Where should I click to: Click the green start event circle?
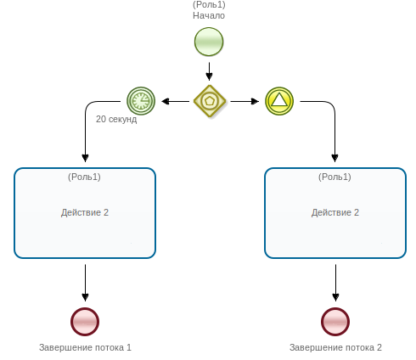[x=209, y=42]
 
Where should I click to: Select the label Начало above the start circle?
[x=209, y=16]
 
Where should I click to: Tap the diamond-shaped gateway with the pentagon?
[x=209, y=101]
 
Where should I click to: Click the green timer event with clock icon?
[x=141, y=101]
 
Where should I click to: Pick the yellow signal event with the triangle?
[x=278, y=101]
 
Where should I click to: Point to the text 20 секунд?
[x=116, y=120]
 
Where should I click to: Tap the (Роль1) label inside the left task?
[x=84, y=177]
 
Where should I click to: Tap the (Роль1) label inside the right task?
[x=334, y=177]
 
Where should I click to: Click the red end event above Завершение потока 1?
[x=85, y=322]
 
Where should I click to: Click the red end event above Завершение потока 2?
[x=335, y=322]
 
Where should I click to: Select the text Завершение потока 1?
[x=85, y=347]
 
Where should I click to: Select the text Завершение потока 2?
[x=335, y=347]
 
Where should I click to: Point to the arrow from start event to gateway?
[x=209, y=69]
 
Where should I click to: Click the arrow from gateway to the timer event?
[x=175, y=101]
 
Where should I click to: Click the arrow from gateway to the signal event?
[x=245, y=101]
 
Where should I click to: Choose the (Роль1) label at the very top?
[x=209, y=5]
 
